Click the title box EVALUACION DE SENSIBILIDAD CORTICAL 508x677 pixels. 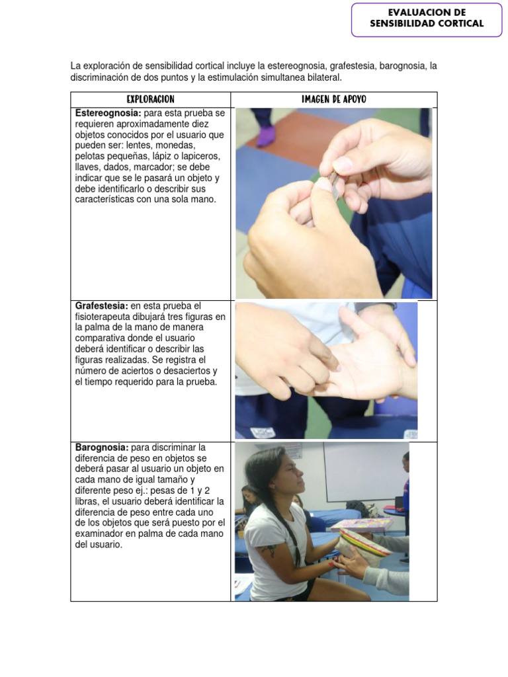[427, 19]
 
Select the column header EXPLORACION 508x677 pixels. [150, 99]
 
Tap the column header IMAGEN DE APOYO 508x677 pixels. [333, 99]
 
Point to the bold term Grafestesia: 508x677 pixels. [101, 306]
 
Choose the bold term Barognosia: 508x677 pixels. [101, 448]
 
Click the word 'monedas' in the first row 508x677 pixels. [173, 145]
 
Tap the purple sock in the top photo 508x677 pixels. [265, 137]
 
